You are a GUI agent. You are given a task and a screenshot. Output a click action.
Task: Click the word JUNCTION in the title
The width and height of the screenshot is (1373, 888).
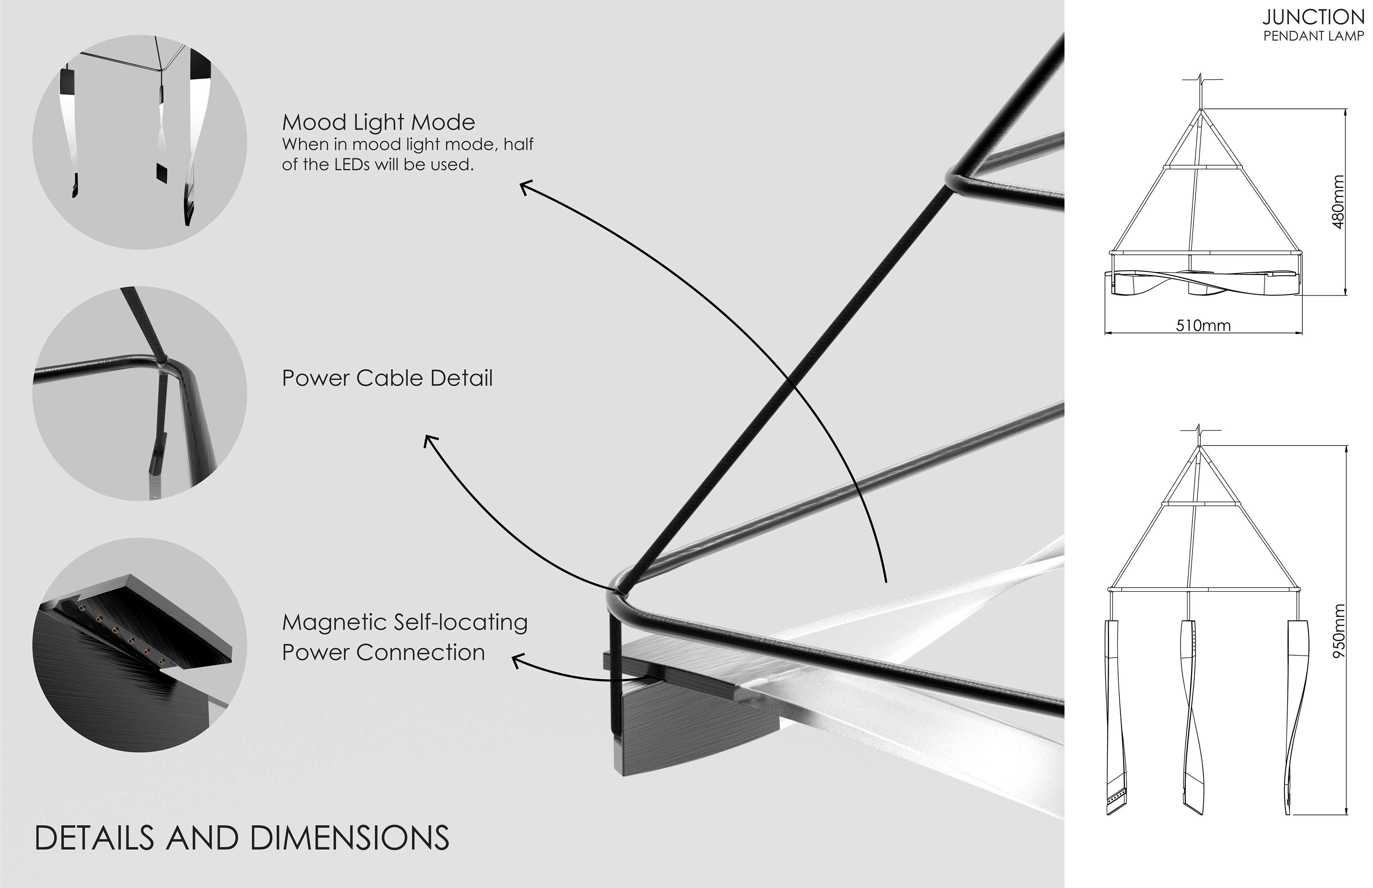1313,17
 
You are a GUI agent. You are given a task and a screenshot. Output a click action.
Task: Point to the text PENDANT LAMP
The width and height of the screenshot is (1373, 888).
1313,36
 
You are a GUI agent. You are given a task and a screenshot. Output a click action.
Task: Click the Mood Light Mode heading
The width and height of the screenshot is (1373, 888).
378,122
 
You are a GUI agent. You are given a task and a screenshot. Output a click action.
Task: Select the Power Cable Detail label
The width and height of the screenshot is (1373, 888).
387,378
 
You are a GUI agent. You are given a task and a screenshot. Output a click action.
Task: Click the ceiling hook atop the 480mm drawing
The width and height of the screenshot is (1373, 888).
1201,95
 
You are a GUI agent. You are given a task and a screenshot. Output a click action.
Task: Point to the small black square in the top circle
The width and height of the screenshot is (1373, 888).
162,171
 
